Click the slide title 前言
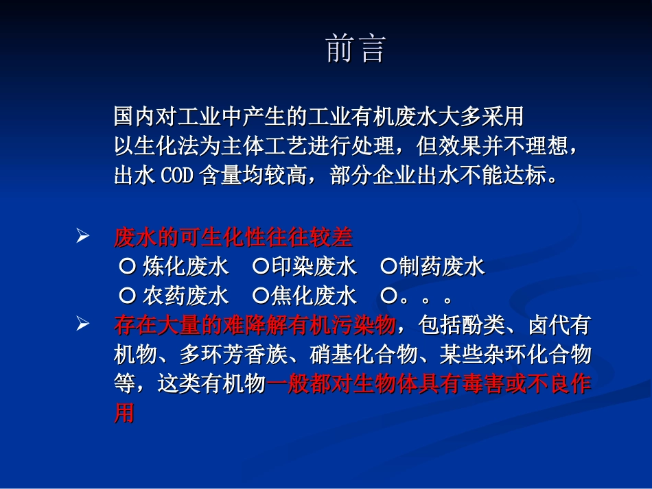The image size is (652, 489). pyautogui.click(x=356, y=49)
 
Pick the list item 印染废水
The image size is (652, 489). pyautogui.click(x=314, y=267)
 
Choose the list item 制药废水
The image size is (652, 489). pyautogui.click(x=442, y=267)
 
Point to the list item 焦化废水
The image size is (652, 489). pyautogui.click(x=314, y=296)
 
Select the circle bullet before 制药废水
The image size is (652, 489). pyautogui.click(x=388, y=267)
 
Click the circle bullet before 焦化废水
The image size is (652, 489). pyautogui.click(x=260, y=296)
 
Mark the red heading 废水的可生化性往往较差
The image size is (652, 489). pyautogui.click(x=233, y=237)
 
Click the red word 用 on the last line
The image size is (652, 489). pyautogui.click(x=124, y=414)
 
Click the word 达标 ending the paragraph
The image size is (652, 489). pyautogui.click(x=525, y=176)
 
